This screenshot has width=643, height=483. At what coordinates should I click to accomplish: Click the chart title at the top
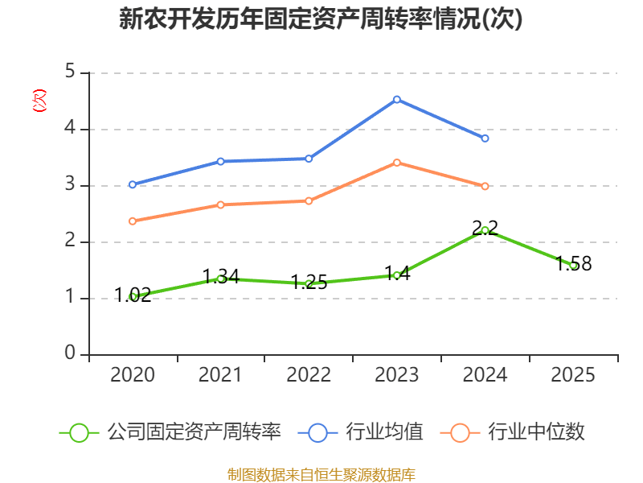(x=321, y=19)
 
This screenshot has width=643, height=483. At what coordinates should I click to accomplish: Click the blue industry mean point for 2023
(x=397, y=99)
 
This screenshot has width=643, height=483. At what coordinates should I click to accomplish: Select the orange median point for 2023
(x=397, y=163)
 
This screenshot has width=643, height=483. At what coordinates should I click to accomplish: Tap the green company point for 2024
(x=485, y=230)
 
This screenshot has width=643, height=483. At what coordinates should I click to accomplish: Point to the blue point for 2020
(x=133, y=184)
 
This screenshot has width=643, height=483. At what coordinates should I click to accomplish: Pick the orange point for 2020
(x=133, y=221)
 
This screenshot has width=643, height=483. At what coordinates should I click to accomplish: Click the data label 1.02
(x=133, y=295)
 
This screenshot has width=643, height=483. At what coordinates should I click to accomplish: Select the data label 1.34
(x=220, y=276)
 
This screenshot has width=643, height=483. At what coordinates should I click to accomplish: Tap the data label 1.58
(x=574, y=263)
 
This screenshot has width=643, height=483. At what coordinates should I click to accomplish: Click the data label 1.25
(x=309, y=283)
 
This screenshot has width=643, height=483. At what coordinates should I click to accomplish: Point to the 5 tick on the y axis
(x=70, y=72)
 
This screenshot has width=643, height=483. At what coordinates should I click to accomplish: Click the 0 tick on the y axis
(x=70, y=353)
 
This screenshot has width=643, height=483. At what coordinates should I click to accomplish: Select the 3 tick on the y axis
(x=70, y=185)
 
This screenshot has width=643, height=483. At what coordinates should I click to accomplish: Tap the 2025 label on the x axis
(x=573, y=375)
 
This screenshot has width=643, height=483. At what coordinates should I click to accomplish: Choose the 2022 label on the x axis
(x=309, y=375)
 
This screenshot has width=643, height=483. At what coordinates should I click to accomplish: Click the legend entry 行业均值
(x=384, y=432)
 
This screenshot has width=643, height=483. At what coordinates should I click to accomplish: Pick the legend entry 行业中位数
(x=534, y=432)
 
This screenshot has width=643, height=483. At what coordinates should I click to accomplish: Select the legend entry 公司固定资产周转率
(x=194, y=432)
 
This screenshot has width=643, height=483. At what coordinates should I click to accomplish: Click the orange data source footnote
(x=321, y=474)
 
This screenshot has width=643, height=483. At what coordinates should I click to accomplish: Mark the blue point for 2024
(x=485, y=138)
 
